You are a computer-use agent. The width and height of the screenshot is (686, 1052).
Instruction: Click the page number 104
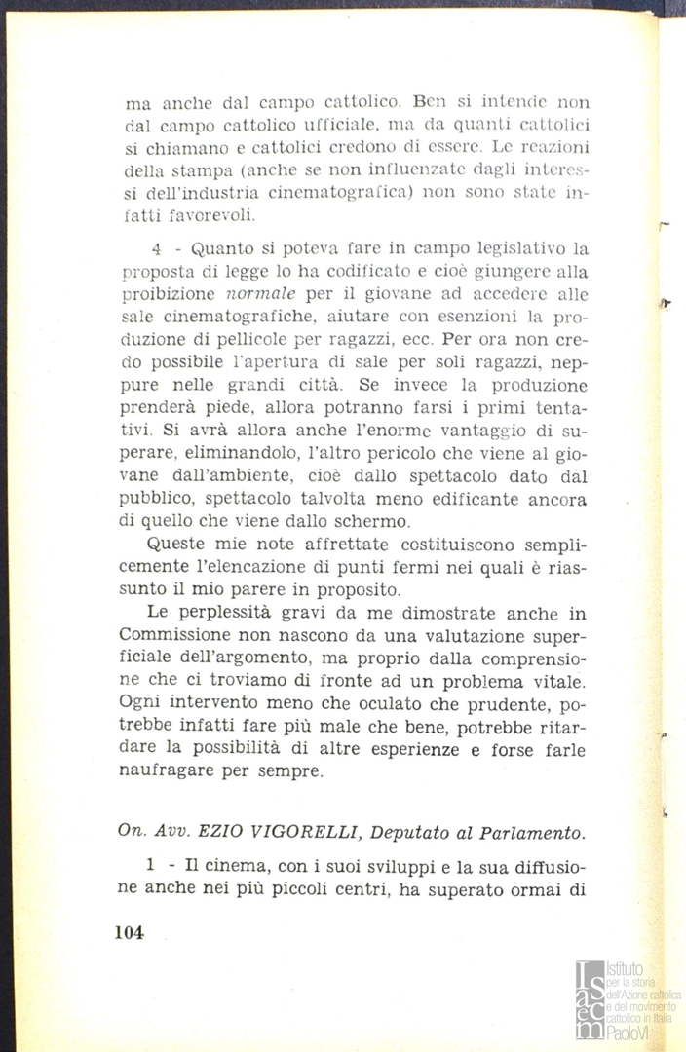coord(129,931)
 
